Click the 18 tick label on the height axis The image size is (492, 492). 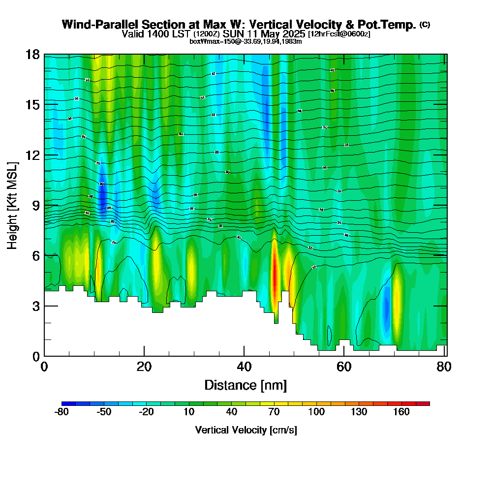(33, 54)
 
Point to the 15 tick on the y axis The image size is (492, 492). (33, 105)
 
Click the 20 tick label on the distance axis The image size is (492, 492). (144, 367)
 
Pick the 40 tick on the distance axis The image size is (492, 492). (244, 367)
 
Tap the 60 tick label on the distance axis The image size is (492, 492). (344, 367)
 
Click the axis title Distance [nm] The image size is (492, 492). (246, 385)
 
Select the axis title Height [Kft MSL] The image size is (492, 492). (13, 205)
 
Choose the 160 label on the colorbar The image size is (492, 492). (401, 412)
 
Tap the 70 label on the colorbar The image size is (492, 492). (274, 412)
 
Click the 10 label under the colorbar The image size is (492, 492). (189, 412)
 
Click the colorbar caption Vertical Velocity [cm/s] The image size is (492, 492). (246, 430)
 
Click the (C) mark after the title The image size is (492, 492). (425, 25)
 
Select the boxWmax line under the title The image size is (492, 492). (246, 41)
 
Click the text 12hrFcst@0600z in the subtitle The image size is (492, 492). (339, 34)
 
